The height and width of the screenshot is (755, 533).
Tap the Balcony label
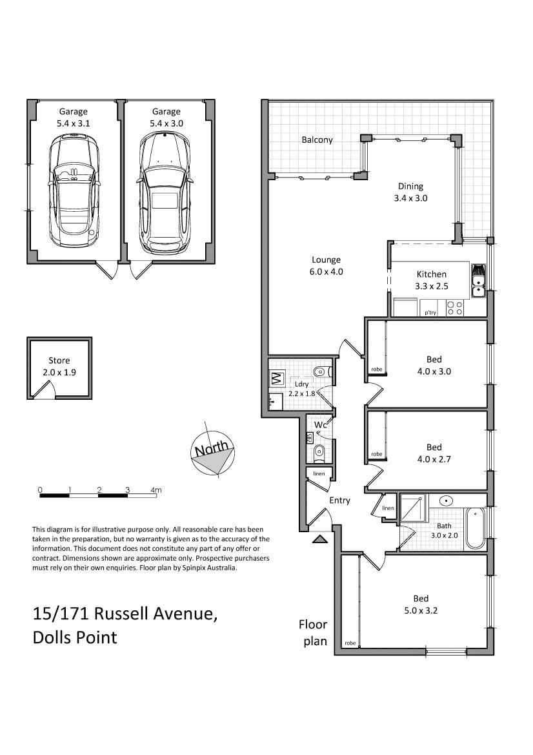point(317,140)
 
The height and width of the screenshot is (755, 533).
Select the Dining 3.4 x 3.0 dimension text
point(410,198)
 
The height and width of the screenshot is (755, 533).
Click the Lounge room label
point(326,260)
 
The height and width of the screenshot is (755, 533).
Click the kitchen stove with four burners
point(455,308)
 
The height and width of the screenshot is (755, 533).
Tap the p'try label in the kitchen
point(430,313)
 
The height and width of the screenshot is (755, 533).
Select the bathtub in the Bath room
point(476,529)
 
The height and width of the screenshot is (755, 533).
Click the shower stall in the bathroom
point(413,508)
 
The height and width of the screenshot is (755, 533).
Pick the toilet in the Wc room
point(319,451)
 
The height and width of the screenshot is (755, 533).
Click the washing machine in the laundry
point(277,378)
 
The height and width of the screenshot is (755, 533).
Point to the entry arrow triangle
point(319,538)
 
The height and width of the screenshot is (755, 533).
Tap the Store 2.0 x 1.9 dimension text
point(59,372)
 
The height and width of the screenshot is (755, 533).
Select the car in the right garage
point(165,192)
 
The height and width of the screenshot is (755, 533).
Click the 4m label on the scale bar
point(156,490)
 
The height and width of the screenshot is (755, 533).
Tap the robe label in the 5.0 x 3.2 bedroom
point(350,643)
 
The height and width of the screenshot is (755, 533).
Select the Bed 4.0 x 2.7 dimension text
point(434,459)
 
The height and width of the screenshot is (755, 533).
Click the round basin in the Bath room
point(446,501)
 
